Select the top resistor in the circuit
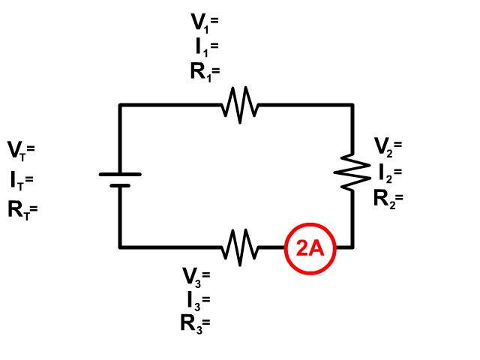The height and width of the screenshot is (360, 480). pyautogui.click(x=240, y=105)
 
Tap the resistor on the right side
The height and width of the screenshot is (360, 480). pyautogui.click(x=352, y=172)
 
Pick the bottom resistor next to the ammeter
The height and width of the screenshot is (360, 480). pyautogui.click(x=240, y=247)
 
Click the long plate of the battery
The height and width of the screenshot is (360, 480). pyautogui.click(x=120, y=175)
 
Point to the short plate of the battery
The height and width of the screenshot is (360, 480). pyautogui.click(x=120, y=186)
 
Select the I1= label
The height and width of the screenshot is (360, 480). pyautogui.click(x=207, y=48)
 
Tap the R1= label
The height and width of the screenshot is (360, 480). pyautogui.click(x=205, y=72)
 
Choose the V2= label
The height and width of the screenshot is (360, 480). pyautogui.click(x=388, y=147)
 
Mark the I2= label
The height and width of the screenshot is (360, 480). pyautogui.click(x=390, y=173)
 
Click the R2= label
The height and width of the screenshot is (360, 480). pyautogui.click(x=388, y=199)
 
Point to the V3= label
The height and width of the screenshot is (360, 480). pyautogui.click(x=196, y=277)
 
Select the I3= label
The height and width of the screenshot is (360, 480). pyautogui.click(x=199, y=301)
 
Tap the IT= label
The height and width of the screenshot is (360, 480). pyautogui.click(x=22, y=181)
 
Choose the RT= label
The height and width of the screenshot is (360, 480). pyautogui.click(x=22, y=211)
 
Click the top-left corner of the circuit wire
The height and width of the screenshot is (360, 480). pyautogui.click(x=120, y=105)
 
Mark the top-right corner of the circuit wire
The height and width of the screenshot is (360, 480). pyautogui.click(x=352, y=105)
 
